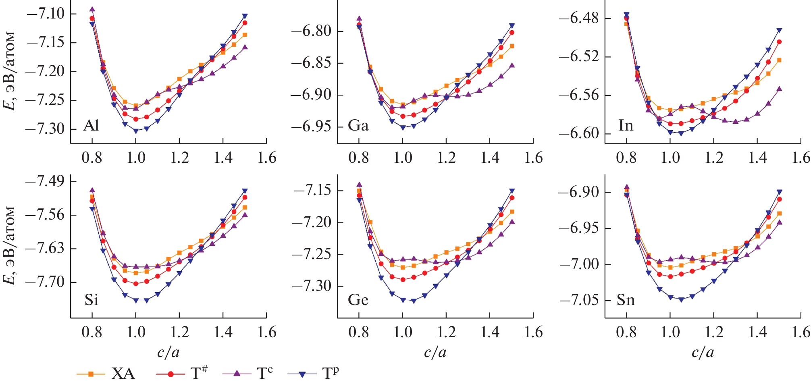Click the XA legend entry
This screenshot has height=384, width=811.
click(x=106, y=374)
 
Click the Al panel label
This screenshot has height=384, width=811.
click(x=91, y=126)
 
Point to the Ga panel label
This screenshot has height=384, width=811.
click(x=358, y=126)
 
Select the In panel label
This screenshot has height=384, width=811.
click(x=626, y=126)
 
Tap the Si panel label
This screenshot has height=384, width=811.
click(x=91, y=300)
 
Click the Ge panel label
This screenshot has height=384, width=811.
click(x=358, y=300)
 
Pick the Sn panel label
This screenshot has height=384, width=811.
click(x=626, y=300)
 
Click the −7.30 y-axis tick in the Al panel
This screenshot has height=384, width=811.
click(x=45, y=129)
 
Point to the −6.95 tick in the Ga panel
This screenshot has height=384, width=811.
click(x=312, y=127)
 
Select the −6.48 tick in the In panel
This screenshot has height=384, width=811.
click(x=579, y=18)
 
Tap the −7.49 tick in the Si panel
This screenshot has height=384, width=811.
click(x=45, y=181)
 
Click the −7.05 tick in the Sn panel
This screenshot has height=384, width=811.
click(x=579, y=300)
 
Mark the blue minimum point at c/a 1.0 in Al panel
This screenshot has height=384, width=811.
click(x=136, y=131)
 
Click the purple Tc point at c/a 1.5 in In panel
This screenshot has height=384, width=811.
click(x=779, y=89)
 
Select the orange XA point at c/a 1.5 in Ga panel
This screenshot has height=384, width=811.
click(x=512, y=46)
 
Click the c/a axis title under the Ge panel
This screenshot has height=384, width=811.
click(x=435, y=353)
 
